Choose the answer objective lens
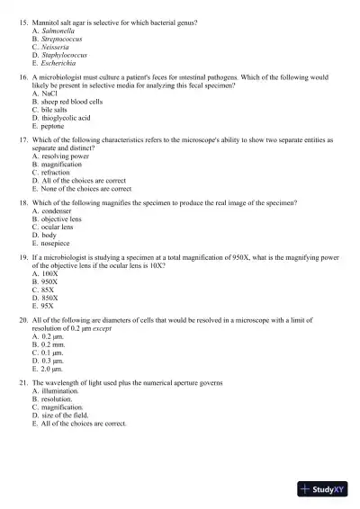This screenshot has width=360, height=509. (x=64, y=220)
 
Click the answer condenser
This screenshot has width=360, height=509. (x=59, y=212)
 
